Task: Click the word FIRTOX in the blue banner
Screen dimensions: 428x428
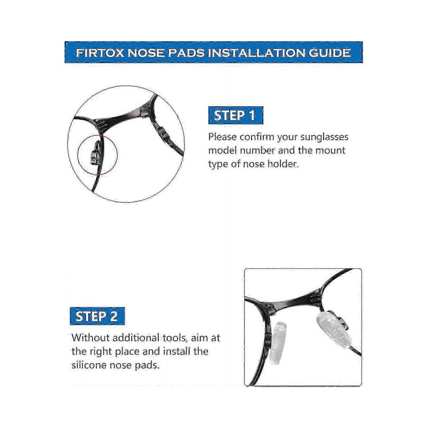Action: click(x=100, y=53)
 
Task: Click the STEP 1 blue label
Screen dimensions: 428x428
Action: click(x=236, y=115)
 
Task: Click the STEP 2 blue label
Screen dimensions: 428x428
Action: click(x=97, y=316)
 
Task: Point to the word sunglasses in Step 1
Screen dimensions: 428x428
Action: click(x=324, y=137)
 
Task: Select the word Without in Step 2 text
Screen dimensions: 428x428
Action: click(x=91, y=338)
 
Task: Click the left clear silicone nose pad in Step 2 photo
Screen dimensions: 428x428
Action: click(x=277, y=343)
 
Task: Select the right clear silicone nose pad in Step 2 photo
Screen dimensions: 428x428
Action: click(x=334, y=331)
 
